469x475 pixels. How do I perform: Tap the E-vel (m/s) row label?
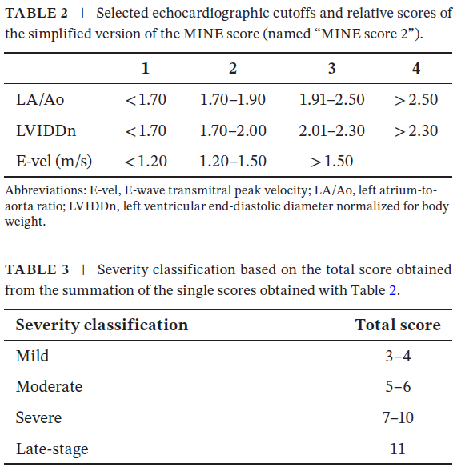coord(54,161)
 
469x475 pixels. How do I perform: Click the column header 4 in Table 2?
coord(416,69)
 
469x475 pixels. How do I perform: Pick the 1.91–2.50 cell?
coord(331,100)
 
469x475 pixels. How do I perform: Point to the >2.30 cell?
coord(416,130)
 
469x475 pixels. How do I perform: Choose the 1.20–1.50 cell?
coord(233,161)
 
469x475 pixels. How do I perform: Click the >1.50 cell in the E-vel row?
coord(331,161)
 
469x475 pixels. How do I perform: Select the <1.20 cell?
coord(146,161)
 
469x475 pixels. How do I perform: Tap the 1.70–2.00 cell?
coord(233,130)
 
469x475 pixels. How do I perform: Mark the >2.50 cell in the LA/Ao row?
coord(416,100)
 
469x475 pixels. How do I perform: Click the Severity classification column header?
coord(102,325)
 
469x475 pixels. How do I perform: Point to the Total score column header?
coord(398,325)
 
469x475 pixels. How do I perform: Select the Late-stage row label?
coord(52,449)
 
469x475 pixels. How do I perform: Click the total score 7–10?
coord(398,417)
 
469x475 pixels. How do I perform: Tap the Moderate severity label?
coord(49,386)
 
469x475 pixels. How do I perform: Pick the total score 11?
coord(398,449)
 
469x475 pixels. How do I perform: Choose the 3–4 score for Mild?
coord(398,356)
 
